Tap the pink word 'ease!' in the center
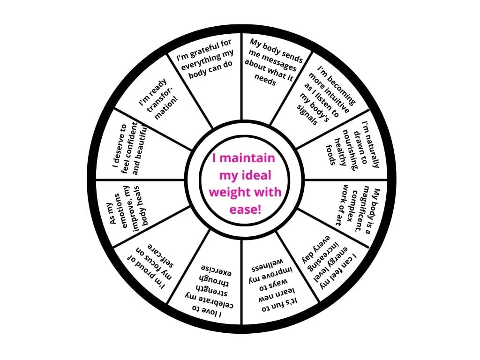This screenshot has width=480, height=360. click(245, 210)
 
